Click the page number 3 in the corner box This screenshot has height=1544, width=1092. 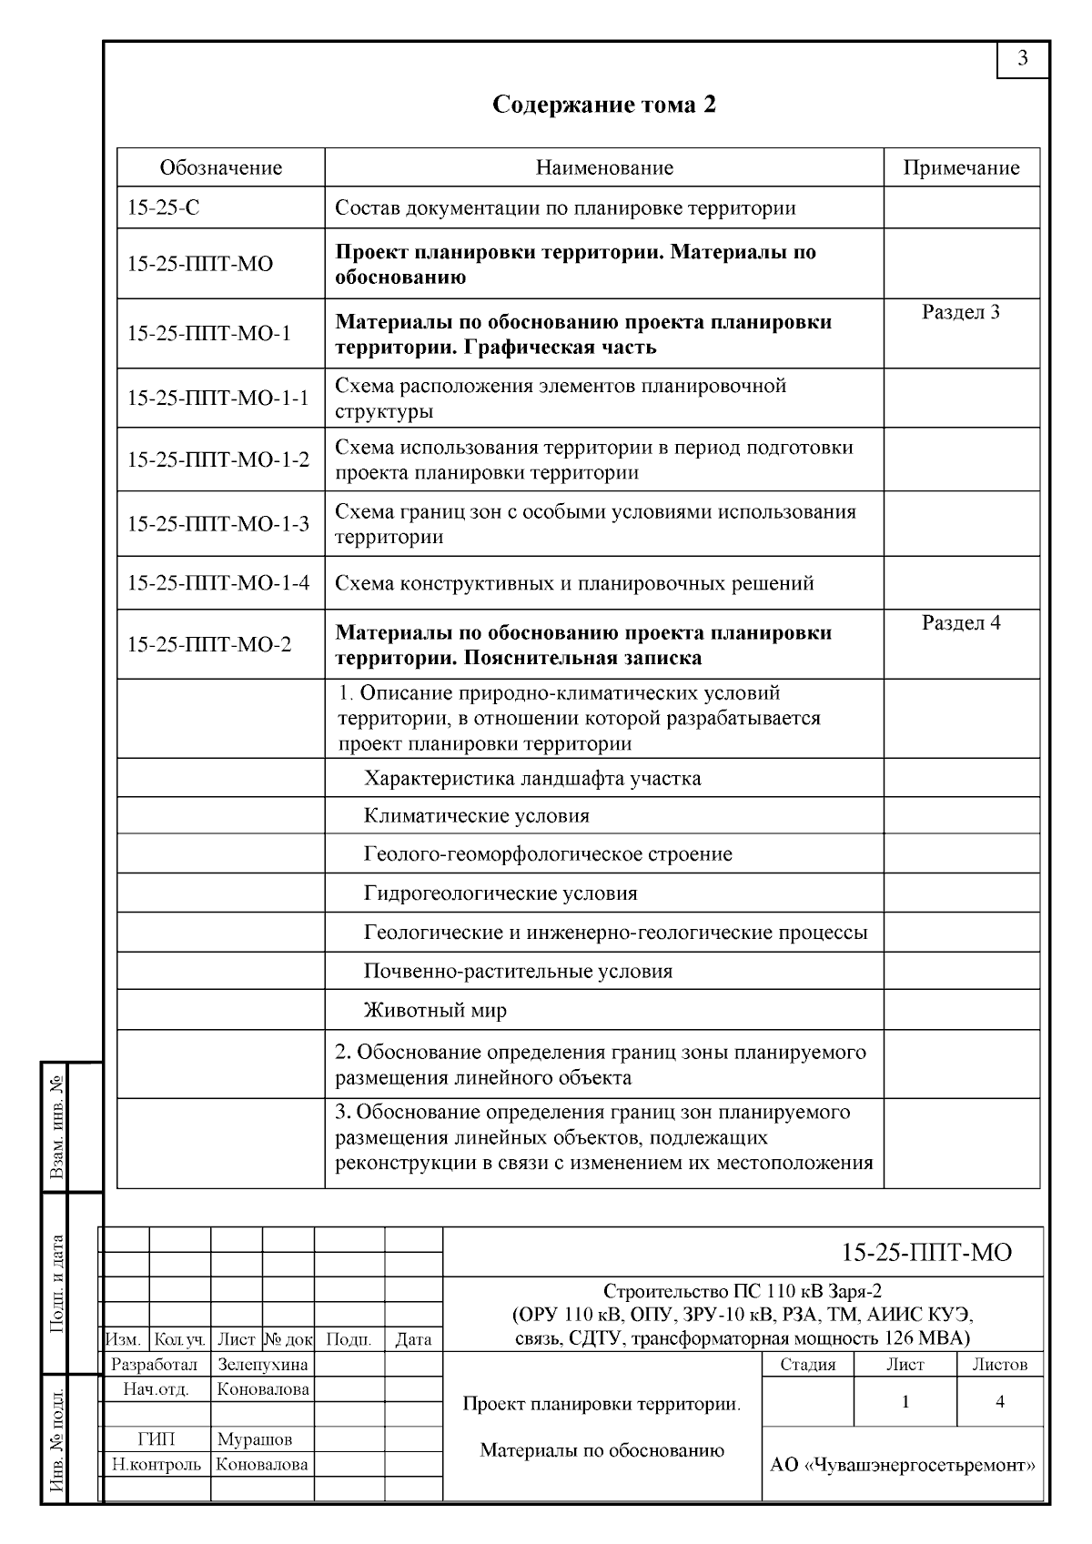point(1023,59)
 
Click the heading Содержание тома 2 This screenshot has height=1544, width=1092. point(604,105)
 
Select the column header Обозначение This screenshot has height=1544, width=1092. point(221,167)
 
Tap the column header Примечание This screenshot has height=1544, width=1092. point(961,167)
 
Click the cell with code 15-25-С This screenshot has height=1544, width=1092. point(164,208)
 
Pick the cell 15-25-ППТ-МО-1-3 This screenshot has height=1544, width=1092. point(218,524)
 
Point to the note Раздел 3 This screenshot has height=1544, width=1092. point(961,313)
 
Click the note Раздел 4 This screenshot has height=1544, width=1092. point(961,623)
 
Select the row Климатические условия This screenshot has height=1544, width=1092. point(477,816)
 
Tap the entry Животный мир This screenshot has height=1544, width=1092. point(435,1011)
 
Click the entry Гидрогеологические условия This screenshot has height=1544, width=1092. point(500,893)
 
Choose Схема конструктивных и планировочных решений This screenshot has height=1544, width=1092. point(574,583)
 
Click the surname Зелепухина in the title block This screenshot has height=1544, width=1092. point(263,1365)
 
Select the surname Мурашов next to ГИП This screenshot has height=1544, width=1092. point(255,1439)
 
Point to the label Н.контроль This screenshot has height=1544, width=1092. point(157,1465)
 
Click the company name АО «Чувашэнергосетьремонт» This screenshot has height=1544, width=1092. point(903,1465)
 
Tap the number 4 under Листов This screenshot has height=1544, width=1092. point(1000,1402)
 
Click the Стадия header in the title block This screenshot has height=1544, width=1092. point(808,1365)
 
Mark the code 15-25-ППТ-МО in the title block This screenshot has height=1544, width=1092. point(926,1253)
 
